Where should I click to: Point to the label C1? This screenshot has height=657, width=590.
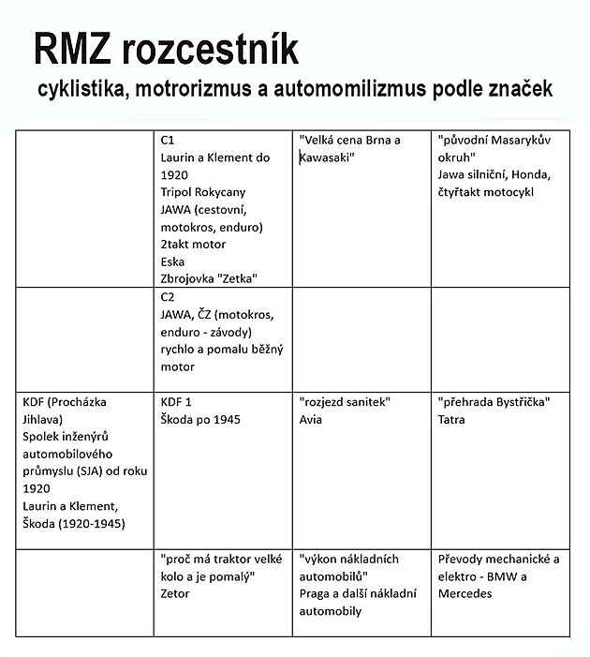click(x=169, y=140)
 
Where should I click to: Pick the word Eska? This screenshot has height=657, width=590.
click(x=172, y=261)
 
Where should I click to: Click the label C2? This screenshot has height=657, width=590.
click(x=169, y=297)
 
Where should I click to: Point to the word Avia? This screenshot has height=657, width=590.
click(x=311, y=419)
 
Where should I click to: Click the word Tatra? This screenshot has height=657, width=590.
click(x=452, y=419)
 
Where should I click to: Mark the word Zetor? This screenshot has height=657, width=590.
click(x=175, y=593)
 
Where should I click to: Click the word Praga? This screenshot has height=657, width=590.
click(x=317, y=593)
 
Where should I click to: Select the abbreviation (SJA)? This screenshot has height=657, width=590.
click(x=102, y=471)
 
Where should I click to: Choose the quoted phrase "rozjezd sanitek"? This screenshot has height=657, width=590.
click(x=345, y=402)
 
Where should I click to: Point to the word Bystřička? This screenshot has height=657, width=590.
click(x=518, y=402)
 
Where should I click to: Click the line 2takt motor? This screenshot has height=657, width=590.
click(x=193, y=245)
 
